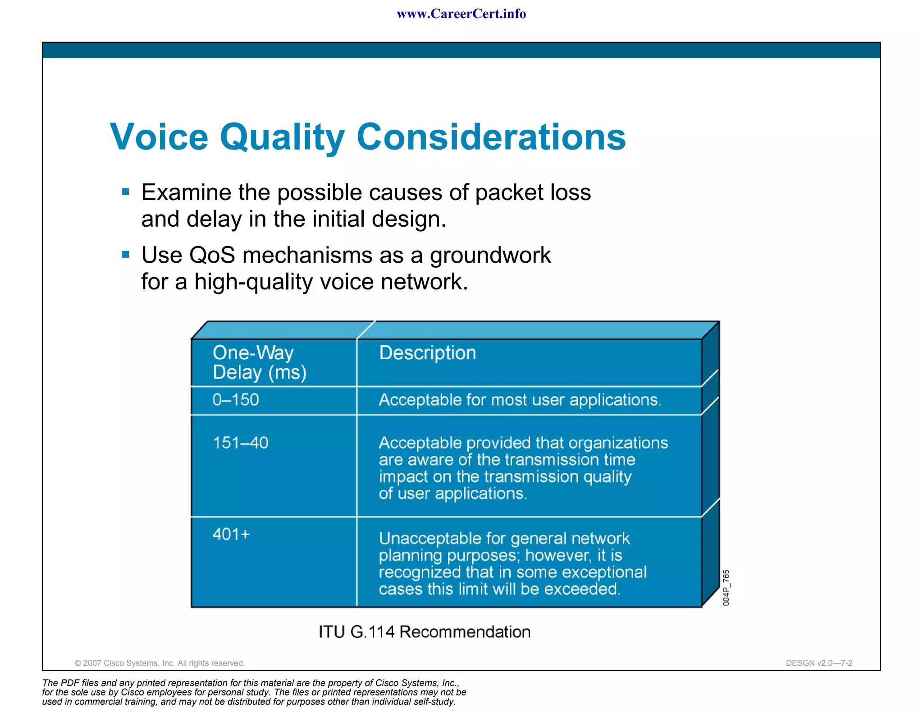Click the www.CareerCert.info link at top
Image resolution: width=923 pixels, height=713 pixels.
coord(461,14)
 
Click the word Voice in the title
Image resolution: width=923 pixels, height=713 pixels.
coord(159,137)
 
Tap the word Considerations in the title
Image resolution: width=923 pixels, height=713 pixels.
coord(491,137)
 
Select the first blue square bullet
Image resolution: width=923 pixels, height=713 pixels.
coord(126,192)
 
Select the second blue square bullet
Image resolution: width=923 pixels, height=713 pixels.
coord(126,255)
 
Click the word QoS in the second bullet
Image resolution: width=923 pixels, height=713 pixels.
coord(212,255)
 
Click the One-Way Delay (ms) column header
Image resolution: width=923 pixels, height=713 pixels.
coord(259,362)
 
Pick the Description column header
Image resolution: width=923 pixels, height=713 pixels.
coord(427,353)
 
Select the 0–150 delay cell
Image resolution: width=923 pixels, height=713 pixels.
coord(235,400)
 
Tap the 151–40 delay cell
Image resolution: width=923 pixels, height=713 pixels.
coord(240,443)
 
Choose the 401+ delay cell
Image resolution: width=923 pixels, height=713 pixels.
coord(231,534)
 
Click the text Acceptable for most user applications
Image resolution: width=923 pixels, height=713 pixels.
coord(520,400)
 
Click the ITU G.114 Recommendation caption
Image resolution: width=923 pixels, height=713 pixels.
coord(424,632)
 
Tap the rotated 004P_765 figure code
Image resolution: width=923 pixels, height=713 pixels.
coord(726,588)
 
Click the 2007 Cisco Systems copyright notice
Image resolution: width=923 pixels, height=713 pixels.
coord(160,663)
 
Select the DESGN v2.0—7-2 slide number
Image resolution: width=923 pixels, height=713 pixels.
coord(819,663)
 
